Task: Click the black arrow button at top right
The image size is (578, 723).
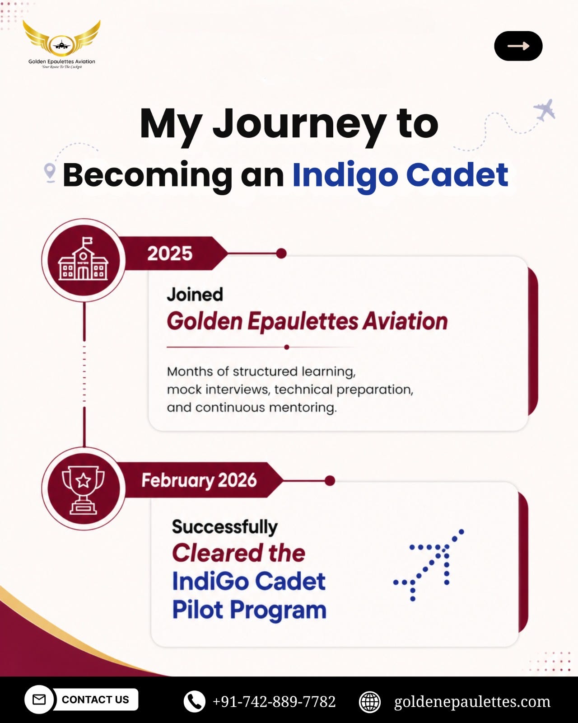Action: (518, 46)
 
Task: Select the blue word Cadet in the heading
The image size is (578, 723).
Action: (457, 175)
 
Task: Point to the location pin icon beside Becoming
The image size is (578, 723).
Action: (50, 173)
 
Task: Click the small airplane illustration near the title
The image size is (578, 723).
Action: (544, 110)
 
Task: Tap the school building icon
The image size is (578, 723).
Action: (83, 259)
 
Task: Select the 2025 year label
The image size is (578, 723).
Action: (170, 254)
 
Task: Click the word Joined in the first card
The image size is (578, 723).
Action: (195, 294)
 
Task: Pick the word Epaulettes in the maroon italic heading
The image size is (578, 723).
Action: (303, 322)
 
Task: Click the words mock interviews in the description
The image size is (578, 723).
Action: (218, 390)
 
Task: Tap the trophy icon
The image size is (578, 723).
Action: (83, 490)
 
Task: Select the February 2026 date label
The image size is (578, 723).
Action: (199, 480)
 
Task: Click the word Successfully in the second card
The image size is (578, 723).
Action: (225, 527)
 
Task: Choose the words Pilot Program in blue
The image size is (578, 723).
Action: (249, 610)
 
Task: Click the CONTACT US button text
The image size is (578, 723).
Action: (95, 700)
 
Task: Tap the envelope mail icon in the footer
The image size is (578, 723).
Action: (39, 700)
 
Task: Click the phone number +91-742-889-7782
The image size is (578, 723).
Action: (274, 702)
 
